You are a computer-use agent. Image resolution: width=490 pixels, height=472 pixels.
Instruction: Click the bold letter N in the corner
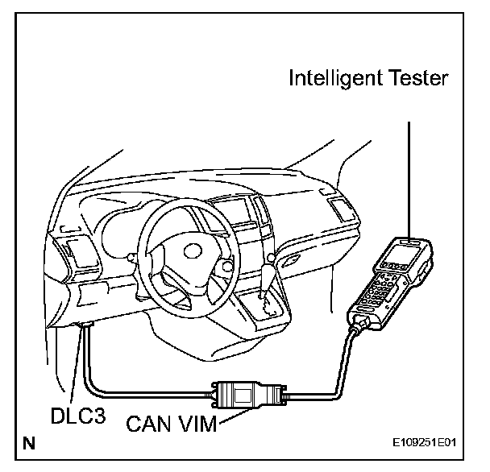(x=29, y=442)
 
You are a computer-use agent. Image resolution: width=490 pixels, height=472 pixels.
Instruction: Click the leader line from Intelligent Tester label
(x=411, y=177)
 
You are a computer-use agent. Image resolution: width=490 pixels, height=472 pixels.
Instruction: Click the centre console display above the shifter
(x=241, y=214)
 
